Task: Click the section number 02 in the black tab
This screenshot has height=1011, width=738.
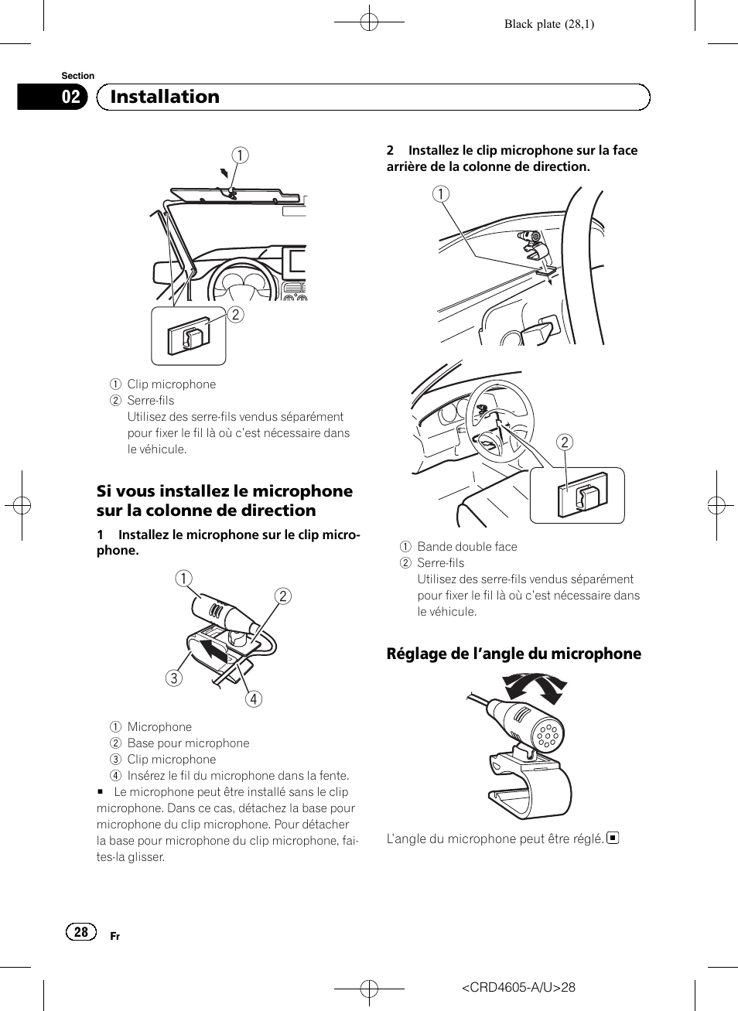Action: (70, 97)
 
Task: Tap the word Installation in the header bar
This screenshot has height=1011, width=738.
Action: (165, 97)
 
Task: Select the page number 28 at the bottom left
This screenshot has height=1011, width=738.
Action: (81, 932)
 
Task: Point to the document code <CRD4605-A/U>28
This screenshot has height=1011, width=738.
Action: (518, 987)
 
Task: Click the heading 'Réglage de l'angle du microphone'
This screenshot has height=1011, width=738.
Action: (514, 654)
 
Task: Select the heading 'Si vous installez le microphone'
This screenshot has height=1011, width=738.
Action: (224, 491)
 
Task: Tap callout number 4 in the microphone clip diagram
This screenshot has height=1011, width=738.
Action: (253, 699)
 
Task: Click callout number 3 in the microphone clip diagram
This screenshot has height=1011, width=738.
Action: (174, 678)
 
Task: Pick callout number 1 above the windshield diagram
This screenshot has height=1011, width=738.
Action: (241, 155)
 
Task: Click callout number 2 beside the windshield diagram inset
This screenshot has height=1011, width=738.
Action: (236, 314)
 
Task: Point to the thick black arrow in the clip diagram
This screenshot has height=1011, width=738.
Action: (213, 648)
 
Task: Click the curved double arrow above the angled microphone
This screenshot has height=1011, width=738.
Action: (535, 686)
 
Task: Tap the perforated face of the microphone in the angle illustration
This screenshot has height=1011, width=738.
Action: (548, 735)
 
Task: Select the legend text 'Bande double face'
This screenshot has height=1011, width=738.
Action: (467, 547)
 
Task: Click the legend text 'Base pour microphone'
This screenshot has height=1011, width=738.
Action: (188, 743)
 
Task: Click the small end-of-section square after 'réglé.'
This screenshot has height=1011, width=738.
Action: (613, 838)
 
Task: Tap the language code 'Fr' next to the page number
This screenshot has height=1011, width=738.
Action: (114, 937)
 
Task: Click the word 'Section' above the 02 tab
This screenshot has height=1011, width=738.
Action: (77, 76)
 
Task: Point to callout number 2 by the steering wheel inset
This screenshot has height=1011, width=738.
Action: (565, 442)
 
